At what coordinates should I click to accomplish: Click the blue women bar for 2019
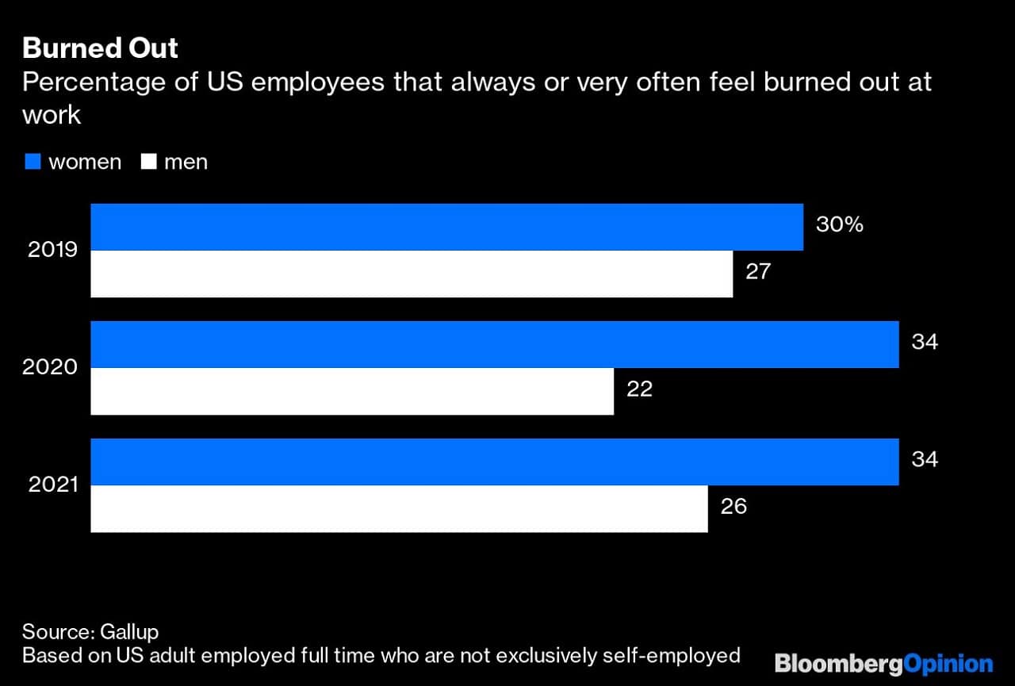click(x=446, y=227)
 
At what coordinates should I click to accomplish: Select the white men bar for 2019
click(x=412, y=274)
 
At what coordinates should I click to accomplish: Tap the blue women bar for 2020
click(x=495, y=344)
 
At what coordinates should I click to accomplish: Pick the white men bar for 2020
click(x=352, y=391)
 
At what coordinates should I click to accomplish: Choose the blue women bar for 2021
click(x=495, y=462)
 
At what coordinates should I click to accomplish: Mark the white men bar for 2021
click(x=399, y=508)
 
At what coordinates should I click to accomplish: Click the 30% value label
click(x=839, y=224)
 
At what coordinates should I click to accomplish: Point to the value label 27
click(x=758, y=271)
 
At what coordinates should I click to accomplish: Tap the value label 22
click(x=639, y=389)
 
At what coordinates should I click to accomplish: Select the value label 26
click(x=733, y=506)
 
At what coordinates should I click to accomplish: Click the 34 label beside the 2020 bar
click(x=925, y=342)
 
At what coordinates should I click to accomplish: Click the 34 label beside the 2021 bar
click(x=925, y=459)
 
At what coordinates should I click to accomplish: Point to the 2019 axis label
click(x=53, y=250)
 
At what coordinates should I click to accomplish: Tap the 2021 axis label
click(x=53, y=485)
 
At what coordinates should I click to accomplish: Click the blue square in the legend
click(x=32, y=162)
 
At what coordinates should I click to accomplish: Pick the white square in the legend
click(x=147, y=162)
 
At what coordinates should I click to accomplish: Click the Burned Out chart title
click(x=101, y=48)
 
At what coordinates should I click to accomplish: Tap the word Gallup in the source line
click(x=129, y=632)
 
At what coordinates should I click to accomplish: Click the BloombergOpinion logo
click(x=883, y=663)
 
